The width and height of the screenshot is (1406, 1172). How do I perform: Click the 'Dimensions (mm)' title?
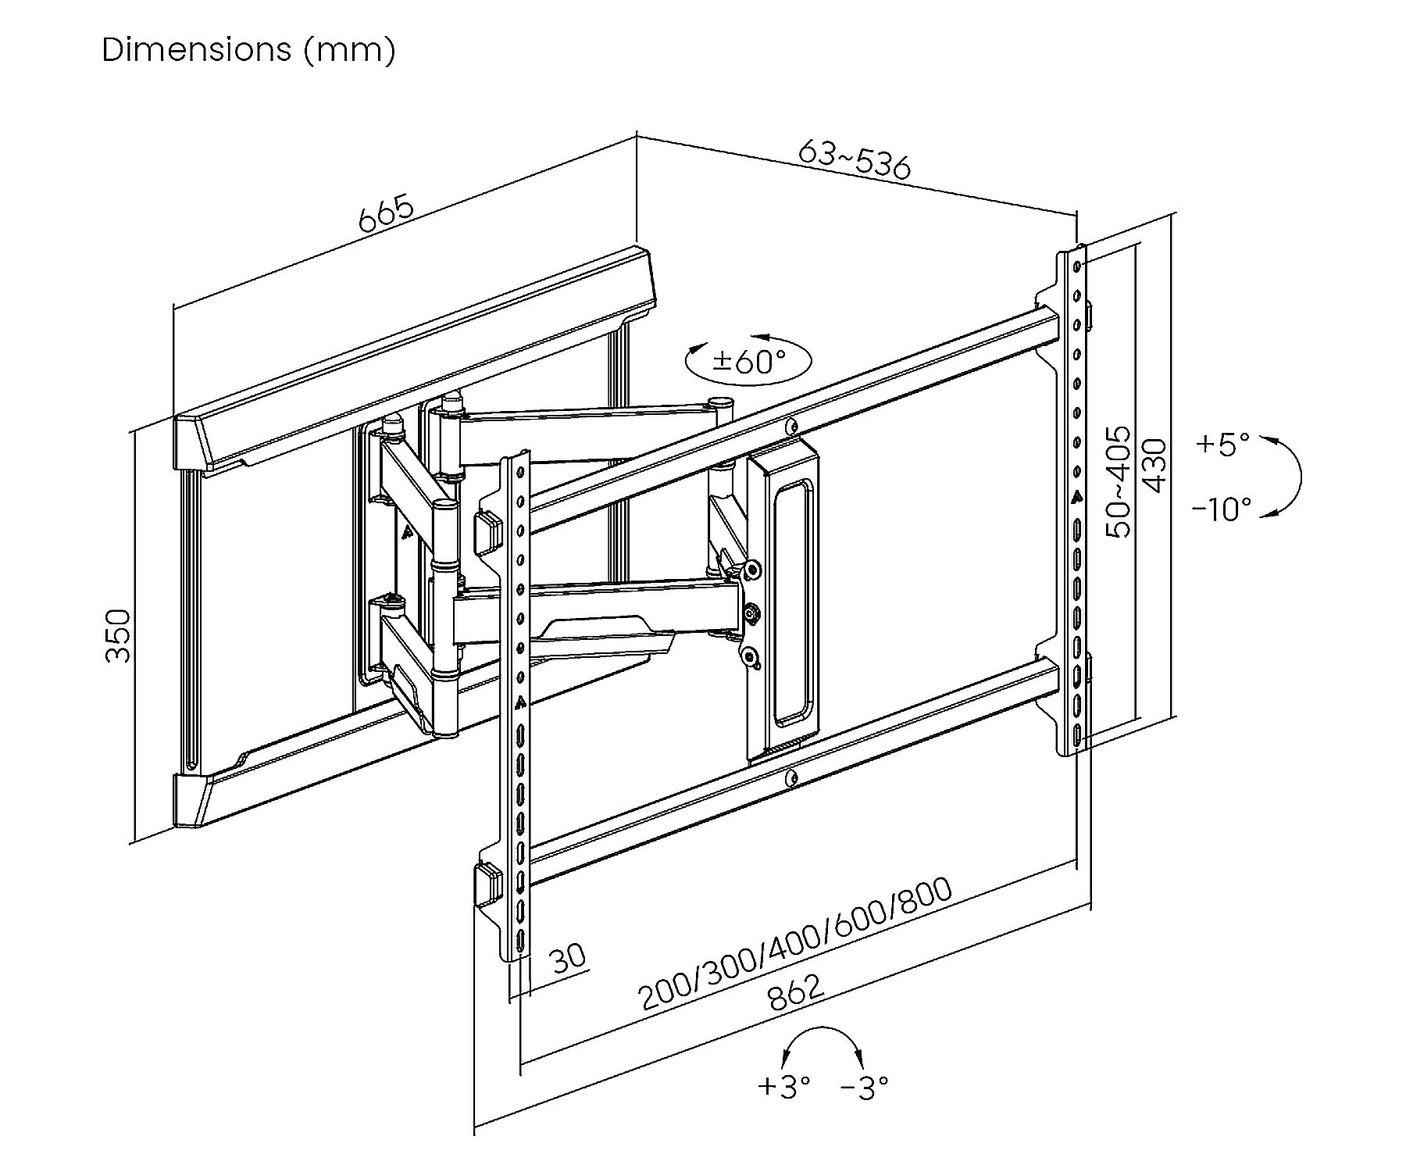(248, 50)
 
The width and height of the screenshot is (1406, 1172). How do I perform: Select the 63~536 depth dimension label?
(855, 159)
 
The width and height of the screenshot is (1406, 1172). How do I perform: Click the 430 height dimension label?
(1154, 466)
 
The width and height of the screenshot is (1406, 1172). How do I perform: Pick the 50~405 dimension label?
(1119, 481)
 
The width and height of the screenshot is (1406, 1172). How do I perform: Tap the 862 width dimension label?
(795, 992)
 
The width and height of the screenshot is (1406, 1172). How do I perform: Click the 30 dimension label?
(568, 957)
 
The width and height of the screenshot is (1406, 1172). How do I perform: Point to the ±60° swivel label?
(749, 361)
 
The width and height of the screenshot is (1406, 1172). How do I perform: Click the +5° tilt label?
(1223, 444)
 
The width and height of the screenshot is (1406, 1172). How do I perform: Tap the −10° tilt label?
(1222, 509)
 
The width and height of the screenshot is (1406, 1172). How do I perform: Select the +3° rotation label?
(783, 1085)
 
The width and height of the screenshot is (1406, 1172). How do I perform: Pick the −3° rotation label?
(865, 1085)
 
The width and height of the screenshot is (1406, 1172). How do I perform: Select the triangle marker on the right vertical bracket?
(1077, 495)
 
